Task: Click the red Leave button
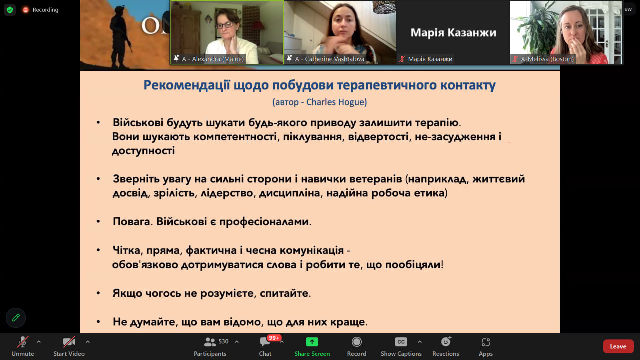[618, 346]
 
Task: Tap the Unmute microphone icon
[23, 342]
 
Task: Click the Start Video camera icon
[69, 342]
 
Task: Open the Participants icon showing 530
[210, 342]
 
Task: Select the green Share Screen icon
[312, 342]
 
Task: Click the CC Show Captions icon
[401, 342]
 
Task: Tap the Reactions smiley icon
[446, 341]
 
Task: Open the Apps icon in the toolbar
[485, 342]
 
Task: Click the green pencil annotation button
[16, 317]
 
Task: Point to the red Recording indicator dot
[25, 10]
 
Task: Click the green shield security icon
[10, 10]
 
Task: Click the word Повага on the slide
[131, 221]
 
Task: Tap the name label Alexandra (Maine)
[218, 59]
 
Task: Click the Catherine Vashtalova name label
[335, 59]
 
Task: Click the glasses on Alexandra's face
[225, 25]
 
